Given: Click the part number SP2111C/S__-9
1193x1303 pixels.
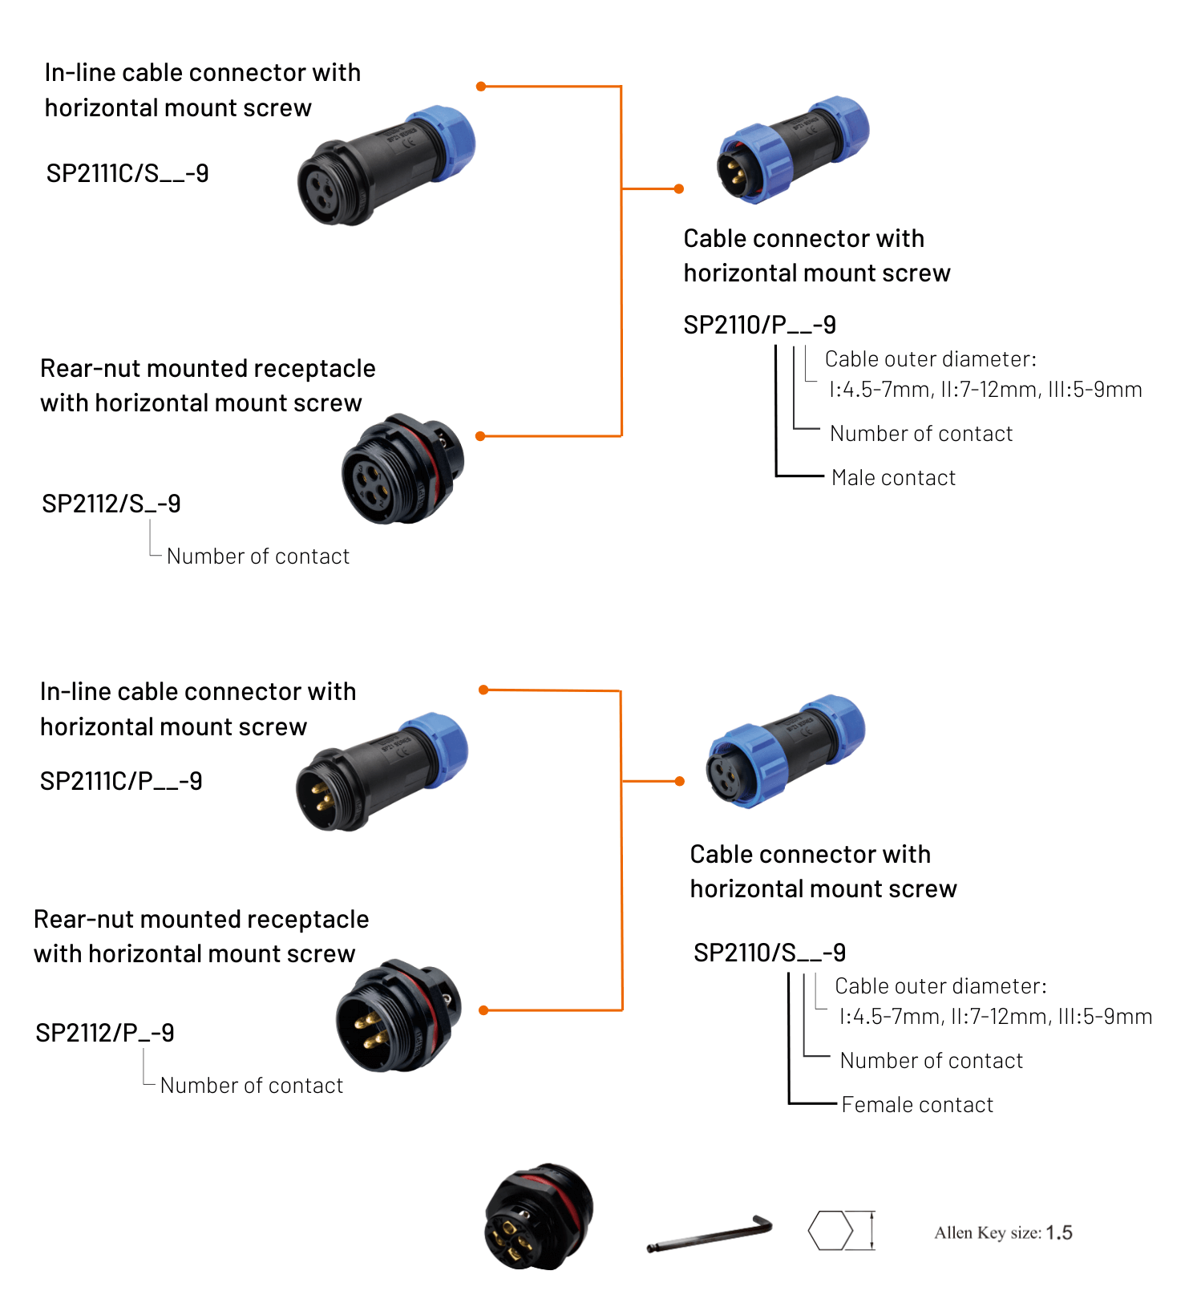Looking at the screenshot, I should pos(127,173).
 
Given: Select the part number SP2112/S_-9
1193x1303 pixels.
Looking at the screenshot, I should pos(111,504).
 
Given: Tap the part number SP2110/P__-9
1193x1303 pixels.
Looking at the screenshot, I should pos(759,325).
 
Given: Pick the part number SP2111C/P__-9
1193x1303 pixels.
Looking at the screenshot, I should pos(121,781).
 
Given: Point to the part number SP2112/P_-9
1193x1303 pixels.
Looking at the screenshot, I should pos(105,1033).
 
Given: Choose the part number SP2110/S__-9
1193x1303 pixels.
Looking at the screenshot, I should pos(769,953).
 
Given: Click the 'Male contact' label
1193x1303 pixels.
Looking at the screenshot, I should pos(893,478).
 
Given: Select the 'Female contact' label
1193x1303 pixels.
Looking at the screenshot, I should pos(917,1105).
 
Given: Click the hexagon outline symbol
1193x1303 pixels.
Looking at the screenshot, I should pos(830,1230).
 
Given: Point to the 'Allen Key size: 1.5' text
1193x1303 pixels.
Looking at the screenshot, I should pos(1003,1232).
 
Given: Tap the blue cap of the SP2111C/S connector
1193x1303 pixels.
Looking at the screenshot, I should pos(447,143).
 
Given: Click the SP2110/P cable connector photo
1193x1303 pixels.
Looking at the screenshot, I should pos(791,150).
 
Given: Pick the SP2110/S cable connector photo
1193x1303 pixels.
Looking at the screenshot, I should pos(784,751).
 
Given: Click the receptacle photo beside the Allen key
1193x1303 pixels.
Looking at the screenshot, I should pos(539,1216).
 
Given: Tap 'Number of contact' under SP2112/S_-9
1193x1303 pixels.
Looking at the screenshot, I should pos(258,556).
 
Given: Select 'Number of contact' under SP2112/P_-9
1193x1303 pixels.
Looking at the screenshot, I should pos(252,1086).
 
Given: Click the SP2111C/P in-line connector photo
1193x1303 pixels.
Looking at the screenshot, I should pos(381,771).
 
